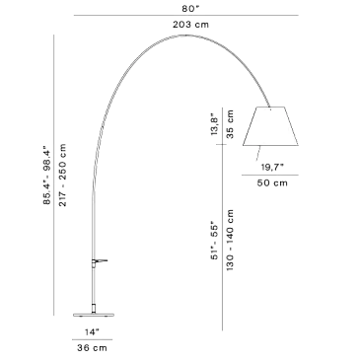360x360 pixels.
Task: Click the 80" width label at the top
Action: (x=190, y=8)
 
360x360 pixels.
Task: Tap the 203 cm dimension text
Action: (x=190, y=25)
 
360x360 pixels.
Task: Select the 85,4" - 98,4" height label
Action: (x=47, y=177)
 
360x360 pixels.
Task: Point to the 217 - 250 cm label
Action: (x=62, y=175)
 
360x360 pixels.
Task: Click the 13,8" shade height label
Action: (x=214, y=124)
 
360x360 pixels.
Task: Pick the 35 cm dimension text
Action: (x=230, y=124)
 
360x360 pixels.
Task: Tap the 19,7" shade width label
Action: (x=272, y=168)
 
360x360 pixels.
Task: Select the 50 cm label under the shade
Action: (x=272, y=182)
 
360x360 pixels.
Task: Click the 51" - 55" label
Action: (x=214, y=241)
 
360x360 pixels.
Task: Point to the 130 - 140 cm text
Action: (x=230, y=240)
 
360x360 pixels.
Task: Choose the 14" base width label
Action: (x=92, y=332)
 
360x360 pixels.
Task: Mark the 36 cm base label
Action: (x=92, y=347)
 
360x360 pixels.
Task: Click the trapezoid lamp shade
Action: (x=270, y=126)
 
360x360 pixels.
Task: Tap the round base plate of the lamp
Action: (x=94, y=315)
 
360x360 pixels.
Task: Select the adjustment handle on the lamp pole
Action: (x=100, y=261)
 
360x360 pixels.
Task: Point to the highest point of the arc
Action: (x=186, y=35)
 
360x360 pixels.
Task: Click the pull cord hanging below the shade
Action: (x=258, y=153)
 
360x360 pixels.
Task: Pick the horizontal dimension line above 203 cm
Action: (x=186, y=15)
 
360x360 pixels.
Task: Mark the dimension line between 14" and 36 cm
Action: (x=92, y=339)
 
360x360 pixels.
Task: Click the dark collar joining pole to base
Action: (x=94, y=309)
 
